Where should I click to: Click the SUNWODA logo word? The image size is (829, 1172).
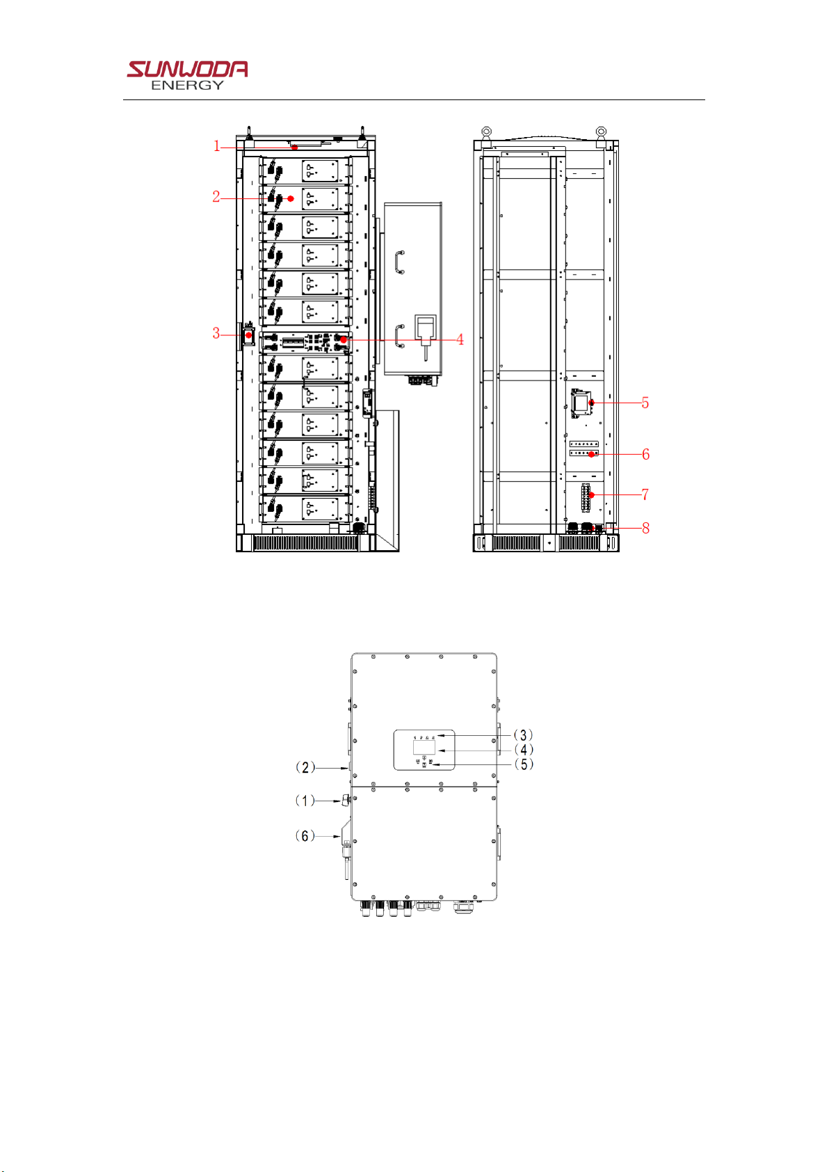coord(187,69)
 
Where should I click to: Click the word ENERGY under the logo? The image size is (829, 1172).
coord(187,86)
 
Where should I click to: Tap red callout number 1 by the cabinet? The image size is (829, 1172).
coord(216,146)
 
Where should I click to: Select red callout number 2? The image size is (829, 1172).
coord(216,197)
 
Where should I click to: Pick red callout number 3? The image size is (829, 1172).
coord(216,333)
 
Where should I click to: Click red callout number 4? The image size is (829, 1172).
coord(460,339)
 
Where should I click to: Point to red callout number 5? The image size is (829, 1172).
coord(645,403)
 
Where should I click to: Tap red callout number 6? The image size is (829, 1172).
coord(645,454)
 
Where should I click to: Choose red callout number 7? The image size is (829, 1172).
coord(645,495)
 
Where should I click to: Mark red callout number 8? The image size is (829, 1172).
coord(645,529)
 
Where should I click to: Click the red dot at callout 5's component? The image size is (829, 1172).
coord(592,402)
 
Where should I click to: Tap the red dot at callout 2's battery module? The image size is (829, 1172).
coord(291,198)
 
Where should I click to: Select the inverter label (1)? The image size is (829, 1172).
coord(305,801)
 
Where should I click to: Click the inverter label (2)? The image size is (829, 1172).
coord(305,768)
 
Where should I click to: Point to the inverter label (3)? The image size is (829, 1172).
coord(523,735)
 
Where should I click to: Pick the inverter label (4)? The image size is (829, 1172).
coord(524,750)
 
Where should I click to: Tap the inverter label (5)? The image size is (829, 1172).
coord(524,764)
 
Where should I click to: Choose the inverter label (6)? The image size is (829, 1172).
coord(305,835)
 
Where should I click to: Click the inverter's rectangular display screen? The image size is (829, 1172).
coord(424,747)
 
